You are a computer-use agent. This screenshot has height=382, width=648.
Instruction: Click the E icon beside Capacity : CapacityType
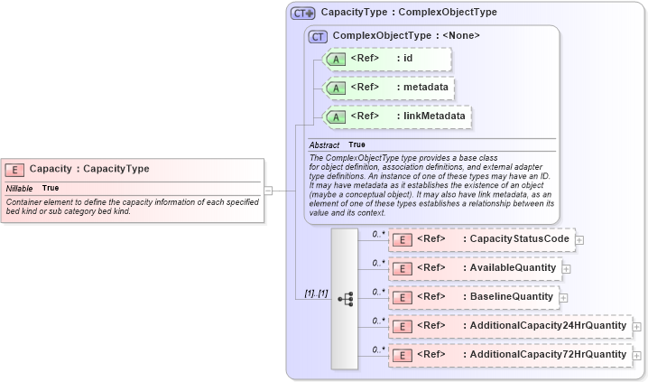click(x=14, y=169)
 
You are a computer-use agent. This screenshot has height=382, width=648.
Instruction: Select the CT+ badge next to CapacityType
click(x=302, y=14)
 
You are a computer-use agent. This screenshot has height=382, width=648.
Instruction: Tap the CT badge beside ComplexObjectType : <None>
click(x=318, y=36)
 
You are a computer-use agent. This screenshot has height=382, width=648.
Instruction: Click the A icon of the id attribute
click(x=336, y=59)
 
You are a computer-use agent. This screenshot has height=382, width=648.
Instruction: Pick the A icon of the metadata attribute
click(x=336, y=89)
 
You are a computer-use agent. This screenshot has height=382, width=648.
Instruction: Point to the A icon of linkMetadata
click(x=336, y=116)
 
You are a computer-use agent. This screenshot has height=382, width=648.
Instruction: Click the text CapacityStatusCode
click(x=518, y=239)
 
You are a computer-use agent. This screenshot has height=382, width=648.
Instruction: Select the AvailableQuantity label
click(x=512, y=268)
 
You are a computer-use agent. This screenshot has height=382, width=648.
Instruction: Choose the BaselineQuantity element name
click(x=510, y=297)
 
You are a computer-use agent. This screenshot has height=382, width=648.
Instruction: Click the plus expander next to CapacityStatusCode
click(x=579, y=240)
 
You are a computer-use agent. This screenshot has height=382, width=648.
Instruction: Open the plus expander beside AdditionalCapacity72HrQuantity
click(x=637, y=356)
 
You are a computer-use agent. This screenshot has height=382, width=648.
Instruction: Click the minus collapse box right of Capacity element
click(x=268, y=191)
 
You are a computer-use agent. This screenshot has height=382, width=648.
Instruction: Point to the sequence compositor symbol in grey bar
click(x=345, y=298)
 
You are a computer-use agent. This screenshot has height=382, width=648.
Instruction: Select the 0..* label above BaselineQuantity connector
click(x=379, y=291)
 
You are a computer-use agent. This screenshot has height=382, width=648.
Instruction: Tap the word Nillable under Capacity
click(x=20, y=188)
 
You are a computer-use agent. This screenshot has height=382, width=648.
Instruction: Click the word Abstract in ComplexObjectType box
click(x=324, y=144)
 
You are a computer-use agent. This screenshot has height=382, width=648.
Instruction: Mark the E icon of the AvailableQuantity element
click(x=403, y=269)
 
